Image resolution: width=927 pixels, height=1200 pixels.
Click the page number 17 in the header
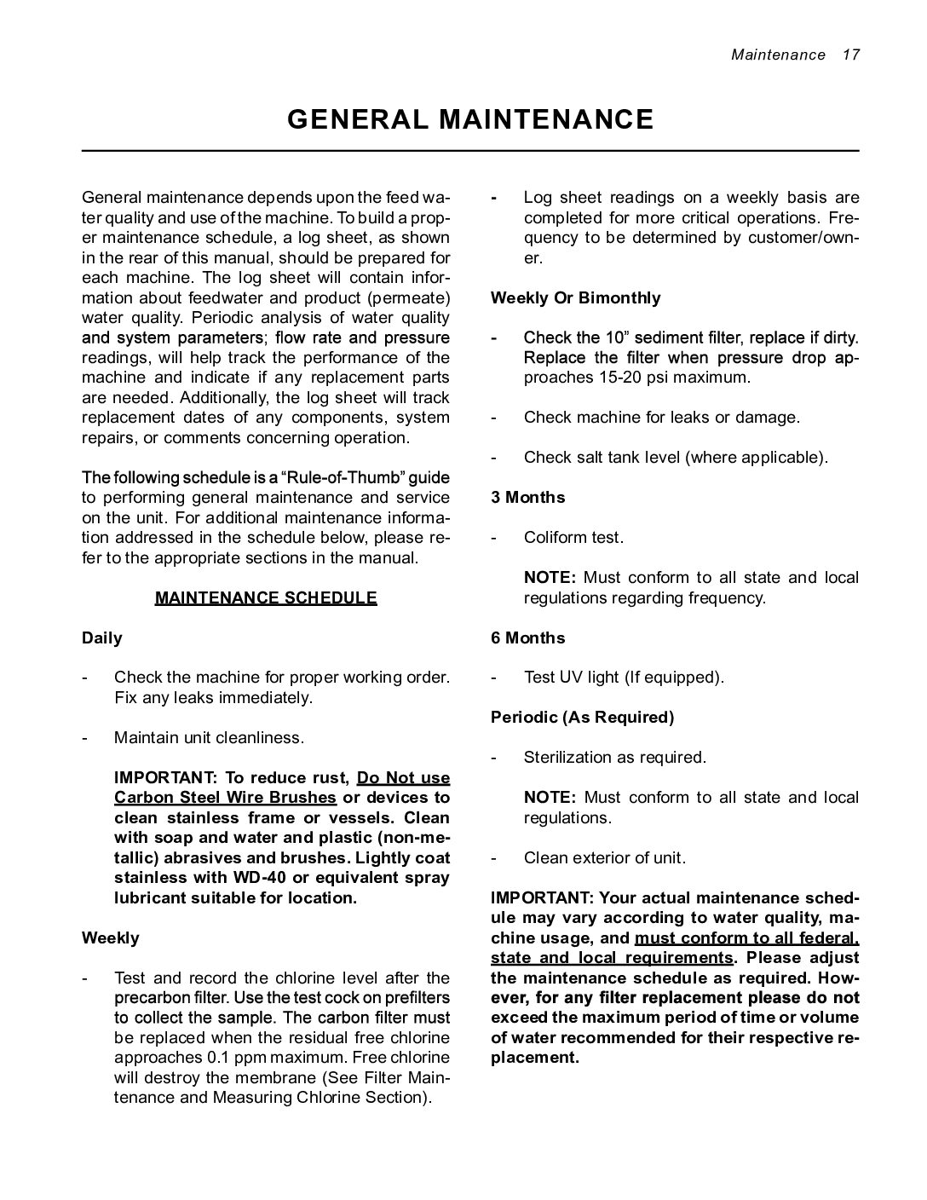pos(850,55)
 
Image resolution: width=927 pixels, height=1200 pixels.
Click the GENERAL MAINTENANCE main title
pos(469,119)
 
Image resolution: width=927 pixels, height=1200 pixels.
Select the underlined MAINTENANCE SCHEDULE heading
pos(266,597)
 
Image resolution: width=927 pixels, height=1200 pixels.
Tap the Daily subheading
pos(101,637)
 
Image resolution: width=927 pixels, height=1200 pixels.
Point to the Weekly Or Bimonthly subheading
pos(575,297)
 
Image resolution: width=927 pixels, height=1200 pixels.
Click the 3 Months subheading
pos(527,497)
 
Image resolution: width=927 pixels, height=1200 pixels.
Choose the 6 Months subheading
pos(527,637)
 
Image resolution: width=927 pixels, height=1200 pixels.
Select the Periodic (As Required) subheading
pos(582,717)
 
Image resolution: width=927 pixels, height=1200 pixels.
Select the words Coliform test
pos(573,537)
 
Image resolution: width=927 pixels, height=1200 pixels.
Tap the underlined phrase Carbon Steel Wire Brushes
pos(225,798)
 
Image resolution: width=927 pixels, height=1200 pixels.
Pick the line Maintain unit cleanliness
pos(209,737)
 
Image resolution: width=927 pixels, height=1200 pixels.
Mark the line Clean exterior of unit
pos(604,857)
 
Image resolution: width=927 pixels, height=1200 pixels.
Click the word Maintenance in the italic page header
pos(778,55)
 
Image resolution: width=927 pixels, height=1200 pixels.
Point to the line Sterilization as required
pos(614,757)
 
